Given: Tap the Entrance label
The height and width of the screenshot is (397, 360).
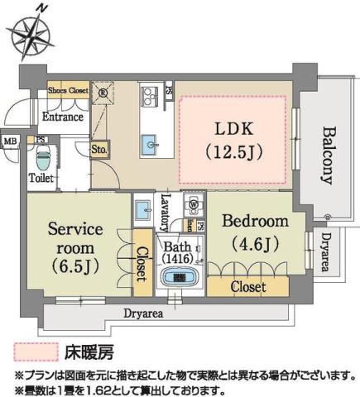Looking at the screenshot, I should [61, 117].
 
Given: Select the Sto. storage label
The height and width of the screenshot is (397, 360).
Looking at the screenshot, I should [98, 150].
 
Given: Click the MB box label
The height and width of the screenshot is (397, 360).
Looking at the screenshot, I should [10, 141].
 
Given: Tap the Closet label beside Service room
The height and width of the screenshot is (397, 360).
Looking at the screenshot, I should [142, 265].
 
